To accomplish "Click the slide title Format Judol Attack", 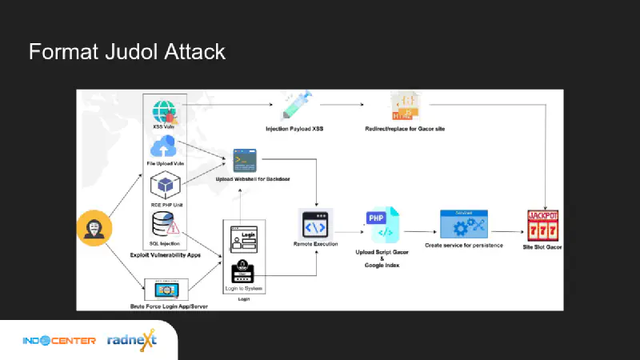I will click(x=126, y=53).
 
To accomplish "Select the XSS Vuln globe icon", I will click(x=164, y=110).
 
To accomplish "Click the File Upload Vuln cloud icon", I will click(x=163, y=147).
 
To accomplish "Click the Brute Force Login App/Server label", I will click(x=166, y=306).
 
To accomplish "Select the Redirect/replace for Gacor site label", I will click(x=406, y=129).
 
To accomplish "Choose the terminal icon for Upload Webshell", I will click(x=244, y=161).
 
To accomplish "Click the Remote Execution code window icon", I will click(x=315, y=222).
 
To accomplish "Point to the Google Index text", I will click(x=382, y=265).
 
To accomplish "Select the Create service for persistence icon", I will click(x=464, y=223).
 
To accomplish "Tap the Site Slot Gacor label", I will click(x=543, y=247).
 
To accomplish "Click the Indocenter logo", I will click(x=59, y=340).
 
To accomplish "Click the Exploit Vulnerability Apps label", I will click(x=165, y=254).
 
